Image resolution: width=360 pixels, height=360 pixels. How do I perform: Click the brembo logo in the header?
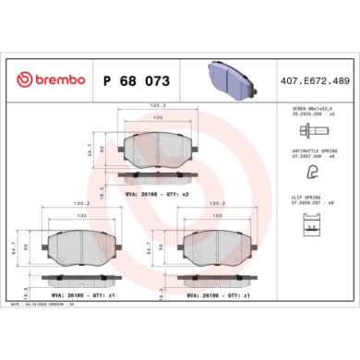(46, 81)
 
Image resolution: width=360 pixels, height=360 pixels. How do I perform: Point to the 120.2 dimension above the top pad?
(158, 107)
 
